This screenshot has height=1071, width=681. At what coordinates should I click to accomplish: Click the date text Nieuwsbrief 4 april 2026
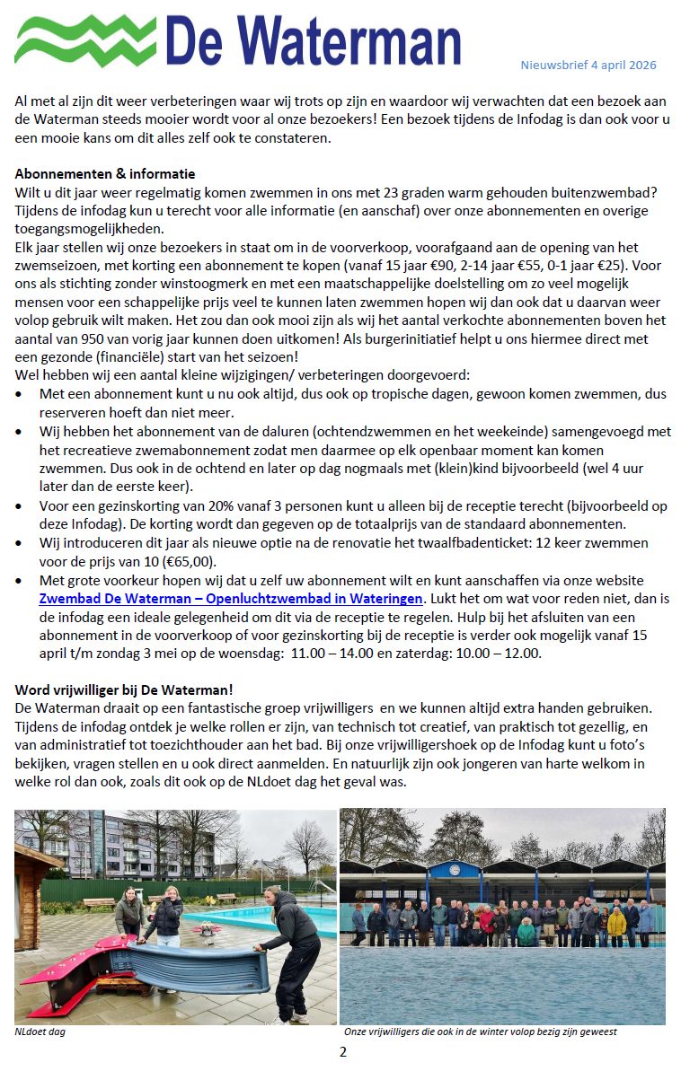click(588, 65)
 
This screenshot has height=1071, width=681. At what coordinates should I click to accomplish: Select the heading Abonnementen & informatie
click(105, 173)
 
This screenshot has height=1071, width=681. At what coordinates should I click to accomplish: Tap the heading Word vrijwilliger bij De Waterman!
click(124, 689)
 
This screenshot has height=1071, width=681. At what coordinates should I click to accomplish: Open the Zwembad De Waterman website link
click(230, 597)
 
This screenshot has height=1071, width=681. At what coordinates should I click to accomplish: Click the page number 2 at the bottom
click(342, 1052)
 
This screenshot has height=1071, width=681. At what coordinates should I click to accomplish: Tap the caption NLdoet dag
click(40, 1031)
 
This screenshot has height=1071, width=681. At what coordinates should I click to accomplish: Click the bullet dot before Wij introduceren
click(20, 545)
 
